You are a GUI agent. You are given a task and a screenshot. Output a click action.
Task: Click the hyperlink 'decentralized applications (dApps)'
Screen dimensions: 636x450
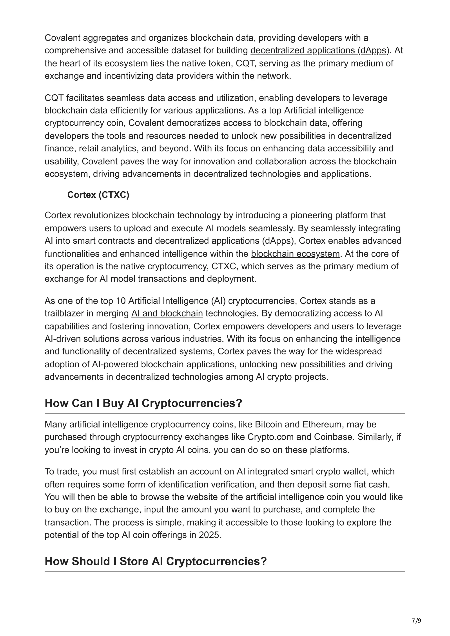pyautogui.click(x=320, y=50)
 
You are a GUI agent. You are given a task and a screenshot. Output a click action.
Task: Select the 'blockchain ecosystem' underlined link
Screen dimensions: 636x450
pyautogui.click(x=295, y=254)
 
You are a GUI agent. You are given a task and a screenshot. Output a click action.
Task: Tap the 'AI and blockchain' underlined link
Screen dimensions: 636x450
pyautogui.click(x=167, y=313)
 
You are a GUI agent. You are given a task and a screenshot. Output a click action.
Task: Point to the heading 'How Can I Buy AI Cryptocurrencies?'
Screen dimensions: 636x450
pyautogui.click(x=143, y=403)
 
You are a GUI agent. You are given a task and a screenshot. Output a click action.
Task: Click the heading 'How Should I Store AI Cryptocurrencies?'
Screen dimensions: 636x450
pyautogui.click(x=156, y=561)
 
